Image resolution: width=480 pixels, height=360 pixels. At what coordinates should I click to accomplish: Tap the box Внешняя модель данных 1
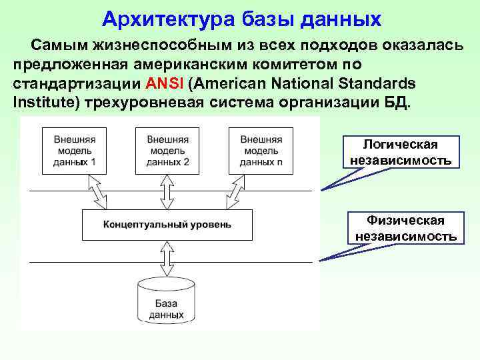pos(74,151)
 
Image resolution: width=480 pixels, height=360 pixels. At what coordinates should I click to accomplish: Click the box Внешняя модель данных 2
pos(167,151)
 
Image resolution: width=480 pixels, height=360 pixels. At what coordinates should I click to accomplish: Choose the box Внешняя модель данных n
pos(261,151)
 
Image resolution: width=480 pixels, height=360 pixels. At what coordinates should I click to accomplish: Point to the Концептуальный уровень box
pos(167,225)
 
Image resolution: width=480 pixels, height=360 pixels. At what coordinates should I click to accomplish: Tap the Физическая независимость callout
pos(405,228)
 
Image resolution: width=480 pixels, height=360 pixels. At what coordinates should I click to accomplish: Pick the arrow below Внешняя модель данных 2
pos(167,192)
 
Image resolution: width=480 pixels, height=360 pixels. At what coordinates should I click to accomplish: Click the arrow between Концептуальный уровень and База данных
pos(167,257)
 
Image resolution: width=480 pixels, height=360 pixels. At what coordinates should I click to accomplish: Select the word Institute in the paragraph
pos(42,103)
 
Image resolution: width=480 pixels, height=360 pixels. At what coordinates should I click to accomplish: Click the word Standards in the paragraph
pos(379,85)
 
